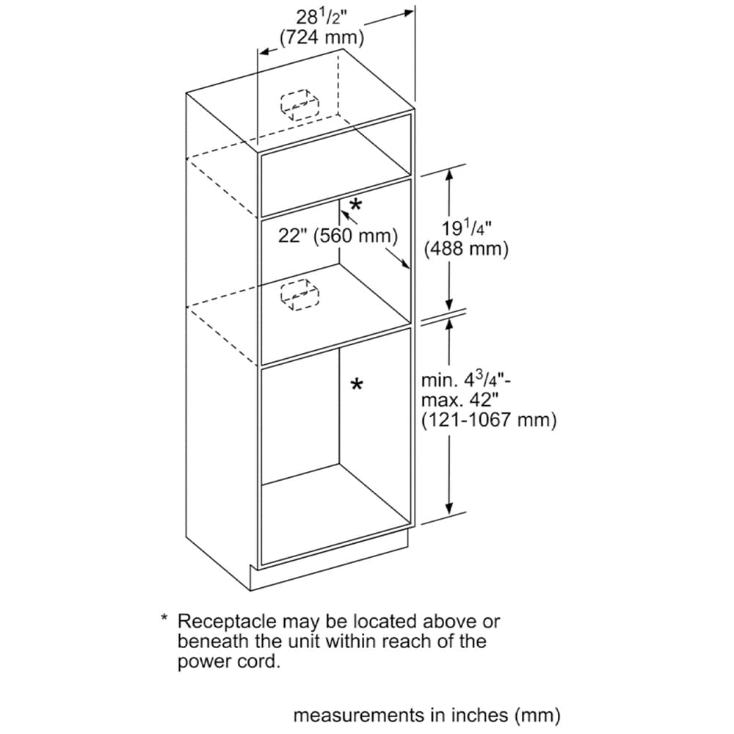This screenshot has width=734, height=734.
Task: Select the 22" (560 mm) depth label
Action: pos(338,236)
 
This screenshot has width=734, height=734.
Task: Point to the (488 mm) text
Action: pos(467,249)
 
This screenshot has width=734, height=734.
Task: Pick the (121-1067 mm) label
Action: pos(488,420)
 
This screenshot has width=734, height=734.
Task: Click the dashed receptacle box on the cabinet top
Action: pos(299,104)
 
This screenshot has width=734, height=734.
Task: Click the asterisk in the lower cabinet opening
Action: pos(357,385)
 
